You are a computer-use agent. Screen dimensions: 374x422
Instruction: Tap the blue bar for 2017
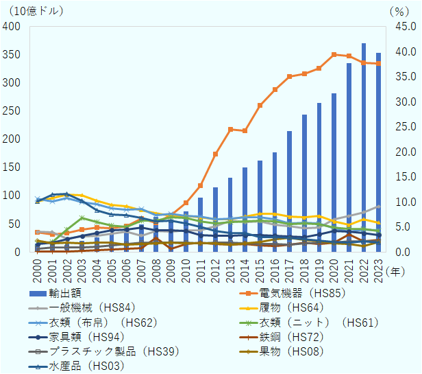point(289,191)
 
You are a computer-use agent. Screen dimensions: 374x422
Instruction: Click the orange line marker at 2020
point(334,55)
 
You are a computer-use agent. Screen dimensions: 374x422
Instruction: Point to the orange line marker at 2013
point(230,129)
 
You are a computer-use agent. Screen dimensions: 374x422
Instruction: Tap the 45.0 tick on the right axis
point(400,26)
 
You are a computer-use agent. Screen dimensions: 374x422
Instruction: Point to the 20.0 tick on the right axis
point(400,152)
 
